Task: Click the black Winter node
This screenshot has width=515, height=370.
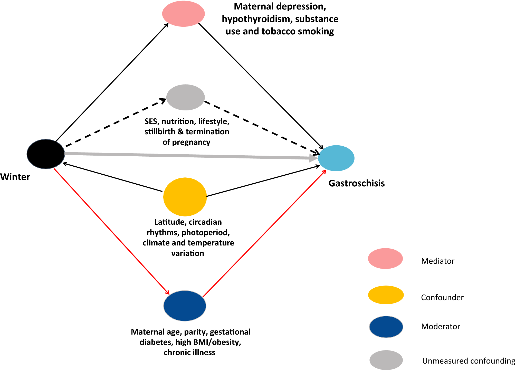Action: coord(46,154)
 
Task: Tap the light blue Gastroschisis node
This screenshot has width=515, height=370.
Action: coord(336,158)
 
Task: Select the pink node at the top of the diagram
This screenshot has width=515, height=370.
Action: coord(183,14)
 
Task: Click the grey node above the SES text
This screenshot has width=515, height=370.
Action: coord(185,97)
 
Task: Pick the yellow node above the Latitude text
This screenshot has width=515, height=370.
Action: coord(185,197)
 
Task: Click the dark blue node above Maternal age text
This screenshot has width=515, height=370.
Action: coord(185,306)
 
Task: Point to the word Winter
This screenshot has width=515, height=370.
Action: coord(15,177)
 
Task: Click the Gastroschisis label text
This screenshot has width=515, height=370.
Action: coord(357,183)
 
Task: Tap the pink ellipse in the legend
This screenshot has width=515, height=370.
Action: coord(385,259)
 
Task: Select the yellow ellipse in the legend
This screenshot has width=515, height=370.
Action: coord(386,295)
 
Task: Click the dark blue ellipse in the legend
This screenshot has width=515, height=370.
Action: coord(386,327)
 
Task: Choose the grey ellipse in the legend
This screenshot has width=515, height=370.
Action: coord(386,360)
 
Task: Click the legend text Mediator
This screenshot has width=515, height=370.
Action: coord(438,261)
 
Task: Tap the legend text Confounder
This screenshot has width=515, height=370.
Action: coord(442,298)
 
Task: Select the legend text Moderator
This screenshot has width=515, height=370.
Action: coord(441,327)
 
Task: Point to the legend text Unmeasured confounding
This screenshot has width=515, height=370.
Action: coord(469,361)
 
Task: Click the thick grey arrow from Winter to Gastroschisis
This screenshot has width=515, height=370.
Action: coord(192,156)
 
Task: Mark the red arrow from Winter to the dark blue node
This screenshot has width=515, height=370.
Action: coord(112,232)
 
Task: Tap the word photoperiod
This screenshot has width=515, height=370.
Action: coord(206,233)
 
